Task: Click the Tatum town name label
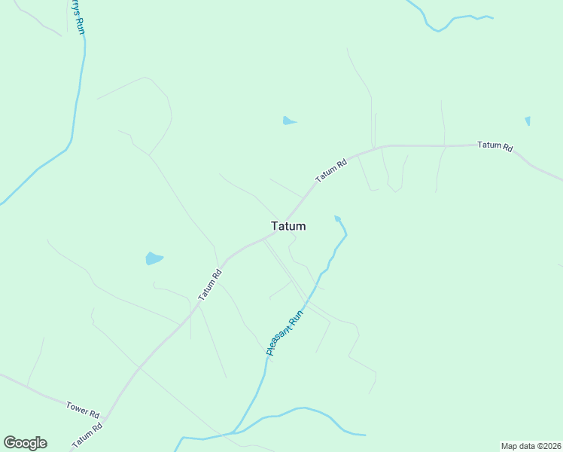(288, 225)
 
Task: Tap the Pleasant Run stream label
(285, 332)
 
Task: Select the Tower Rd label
(82, 409)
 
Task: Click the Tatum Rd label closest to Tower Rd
(87, 436)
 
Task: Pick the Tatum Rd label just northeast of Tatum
(331, 169)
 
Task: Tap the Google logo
(25, 442)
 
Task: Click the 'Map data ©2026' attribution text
(530, 445)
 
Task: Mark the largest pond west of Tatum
(154, 258)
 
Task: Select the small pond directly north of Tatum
(288, 121)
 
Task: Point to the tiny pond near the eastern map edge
(528, 121)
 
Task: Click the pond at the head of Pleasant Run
(338, 219)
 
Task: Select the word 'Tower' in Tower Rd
(76, 407)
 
